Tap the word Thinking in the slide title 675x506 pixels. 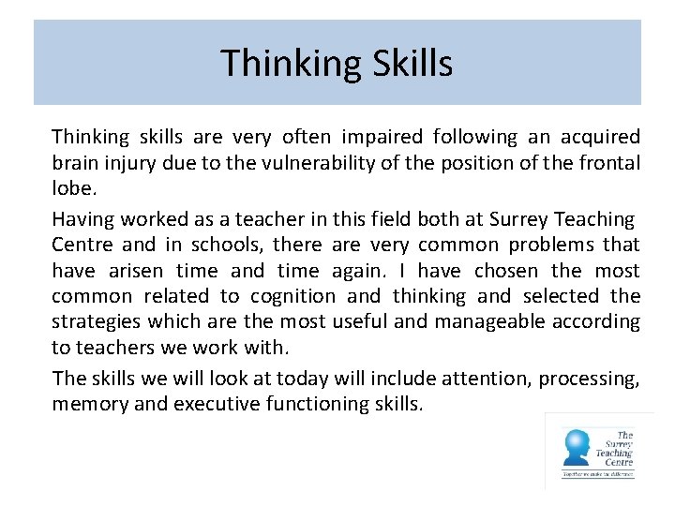[x=288, y=64]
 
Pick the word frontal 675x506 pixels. [x=609, y=164]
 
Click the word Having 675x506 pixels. [x=82, y=219]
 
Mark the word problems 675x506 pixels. [x=545, y=245]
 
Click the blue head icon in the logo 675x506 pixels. [x=575, y=447]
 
